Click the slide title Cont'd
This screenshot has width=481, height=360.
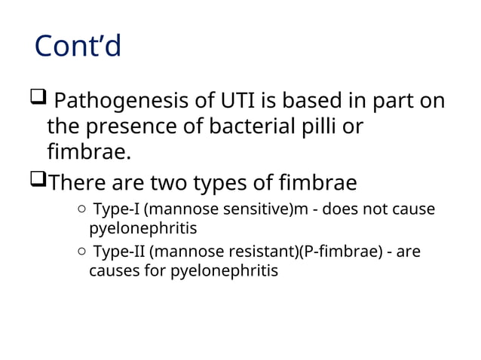[x=78, y=47]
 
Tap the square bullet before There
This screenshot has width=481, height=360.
[x=38, y=181]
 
